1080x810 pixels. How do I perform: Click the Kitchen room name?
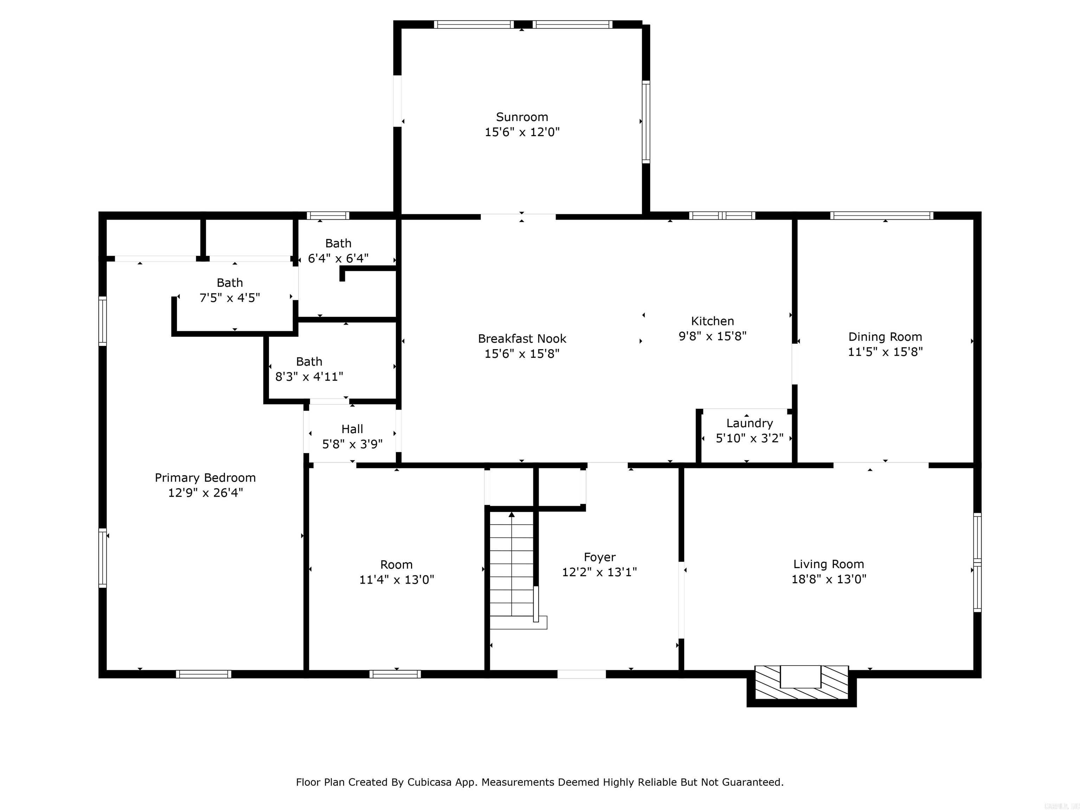pyautogui.click(x=712, y=321)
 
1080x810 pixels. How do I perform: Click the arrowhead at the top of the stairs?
pyautogui.click(x=511, y=515)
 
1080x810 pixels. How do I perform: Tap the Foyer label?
pyautogui.click(x=599, y=557)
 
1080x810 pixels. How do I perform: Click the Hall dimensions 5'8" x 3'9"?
pyautogui.click(x=352, y=444)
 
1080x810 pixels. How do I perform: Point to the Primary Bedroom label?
pyautogui.click(x=205, y=477)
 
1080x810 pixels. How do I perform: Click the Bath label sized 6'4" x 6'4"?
pyautogui.click(x=338, y=243)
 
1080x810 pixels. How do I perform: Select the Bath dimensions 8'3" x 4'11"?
pyautogui.click(x=309, y=377)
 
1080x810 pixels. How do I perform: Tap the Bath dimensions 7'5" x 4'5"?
pyautogui.click(x=230, y=298)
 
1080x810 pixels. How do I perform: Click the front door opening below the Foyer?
pyautogui.click(x=581, y=674)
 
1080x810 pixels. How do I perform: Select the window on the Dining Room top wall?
pyautogui.click(x=881, y=215)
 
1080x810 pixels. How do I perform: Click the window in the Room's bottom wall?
pyautogui.click(x=395, y=674)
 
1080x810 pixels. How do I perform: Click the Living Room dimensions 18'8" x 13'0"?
pyautogui.click(x=829, y=579)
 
